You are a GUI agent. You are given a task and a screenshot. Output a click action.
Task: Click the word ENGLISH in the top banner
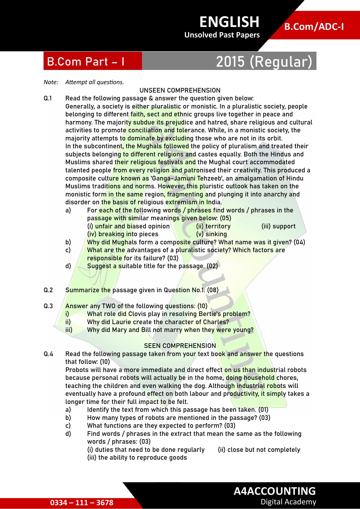coord(229,22)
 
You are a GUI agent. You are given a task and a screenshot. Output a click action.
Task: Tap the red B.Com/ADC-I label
coord(314,27)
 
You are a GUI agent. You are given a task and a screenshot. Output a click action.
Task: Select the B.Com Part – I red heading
coord(86,62)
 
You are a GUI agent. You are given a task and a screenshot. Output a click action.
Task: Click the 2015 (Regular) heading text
coord(264,62)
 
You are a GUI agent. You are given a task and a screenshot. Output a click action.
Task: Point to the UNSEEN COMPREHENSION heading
coord(180,90)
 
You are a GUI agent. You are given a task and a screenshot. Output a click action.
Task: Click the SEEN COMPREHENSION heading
coord(180,346)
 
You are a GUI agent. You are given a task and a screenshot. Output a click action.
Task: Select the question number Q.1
coord(48,98)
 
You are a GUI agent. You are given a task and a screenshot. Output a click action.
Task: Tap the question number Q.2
coord(48,290)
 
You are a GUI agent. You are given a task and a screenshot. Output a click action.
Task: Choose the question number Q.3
coord(48,306)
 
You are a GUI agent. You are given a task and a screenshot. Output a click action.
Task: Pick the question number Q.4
coord(48,354)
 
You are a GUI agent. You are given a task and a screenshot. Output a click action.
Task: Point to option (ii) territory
coord(213,226)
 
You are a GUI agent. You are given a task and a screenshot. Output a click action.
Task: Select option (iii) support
coord(278,226)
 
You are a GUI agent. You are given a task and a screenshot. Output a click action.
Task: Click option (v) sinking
coord(211,234)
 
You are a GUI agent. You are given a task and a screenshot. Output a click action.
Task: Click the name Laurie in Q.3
coord(122,322)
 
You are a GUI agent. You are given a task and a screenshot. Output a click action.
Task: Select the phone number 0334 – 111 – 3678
coord(82,502)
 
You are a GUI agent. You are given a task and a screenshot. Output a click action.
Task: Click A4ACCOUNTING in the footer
coord(275,491)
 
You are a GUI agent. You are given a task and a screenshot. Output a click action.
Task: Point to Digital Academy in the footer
coord(288,502)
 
